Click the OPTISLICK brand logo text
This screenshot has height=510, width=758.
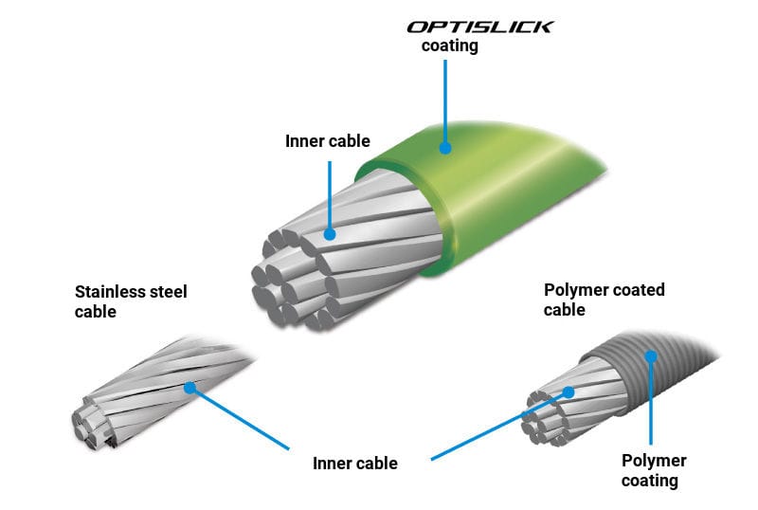coord(479,26)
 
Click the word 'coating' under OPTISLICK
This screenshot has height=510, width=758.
coord(449,46)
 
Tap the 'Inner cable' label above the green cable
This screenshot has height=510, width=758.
coord(328,141)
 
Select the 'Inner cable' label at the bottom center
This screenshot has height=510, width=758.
coord(355,464)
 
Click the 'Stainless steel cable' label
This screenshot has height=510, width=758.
coord(131,301)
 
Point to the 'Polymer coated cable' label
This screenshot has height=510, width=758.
coord(605,299)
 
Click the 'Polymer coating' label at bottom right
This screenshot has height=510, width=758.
coord(654,470)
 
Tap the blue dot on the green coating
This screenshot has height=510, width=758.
coord(444,146)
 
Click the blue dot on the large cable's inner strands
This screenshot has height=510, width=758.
coord(329,232)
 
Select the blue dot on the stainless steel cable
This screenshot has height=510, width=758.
coord(190,387)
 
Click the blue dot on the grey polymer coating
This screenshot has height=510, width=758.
coord(650,357)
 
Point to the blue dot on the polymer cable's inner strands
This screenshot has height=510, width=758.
coord(568,391)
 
